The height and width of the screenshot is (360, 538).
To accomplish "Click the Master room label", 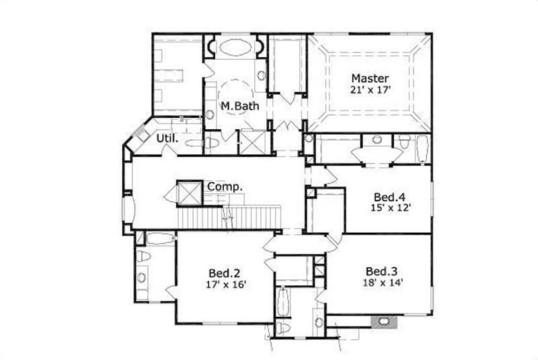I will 369,77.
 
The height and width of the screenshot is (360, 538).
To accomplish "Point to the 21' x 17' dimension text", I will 369,89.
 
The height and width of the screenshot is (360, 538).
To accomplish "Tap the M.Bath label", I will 236,107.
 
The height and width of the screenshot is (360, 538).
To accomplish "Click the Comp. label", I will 225,186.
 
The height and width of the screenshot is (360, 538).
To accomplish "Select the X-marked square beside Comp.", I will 188,192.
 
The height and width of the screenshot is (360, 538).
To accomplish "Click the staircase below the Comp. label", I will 229,217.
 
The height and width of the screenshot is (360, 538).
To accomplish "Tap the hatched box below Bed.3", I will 384,321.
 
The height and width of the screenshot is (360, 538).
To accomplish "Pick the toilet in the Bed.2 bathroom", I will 143,257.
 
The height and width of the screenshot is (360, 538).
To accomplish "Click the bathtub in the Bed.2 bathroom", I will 160,238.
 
